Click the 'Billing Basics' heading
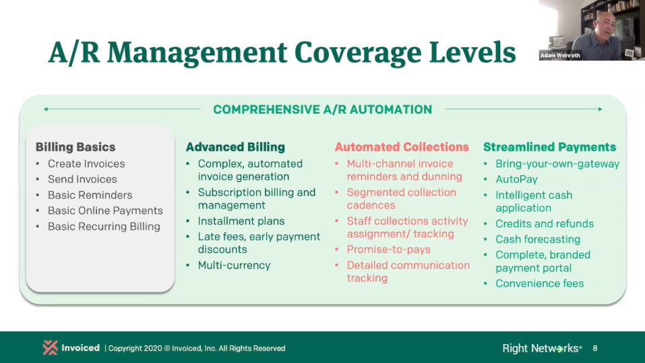[x=75, y=147]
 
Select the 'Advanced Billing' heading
[x=235, y=147]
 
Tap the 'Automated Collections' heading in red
[x=402, y=147]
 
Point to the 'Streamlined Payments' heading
[x=549, y=147]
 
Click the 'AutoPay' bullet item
[x=516, y=179]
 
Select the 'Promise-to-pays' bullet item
[x=388, y=250]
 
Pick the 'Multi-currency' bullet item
[x=234, y=265]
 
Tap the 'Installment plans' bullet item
[x=241, y=221]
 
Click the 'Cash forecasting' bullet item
[x=538, y=239]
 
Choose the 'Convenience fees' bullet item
[x=539, y=284]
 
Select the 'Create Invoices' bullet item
[x=86, y=164]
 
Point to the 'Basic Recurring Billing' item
[x=104, y=226]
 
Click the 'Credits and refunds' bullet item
[x=544, y=224]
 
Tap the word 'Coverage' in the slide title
[x=358, y=53]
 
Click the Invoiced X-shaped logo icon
[x=50, y=348]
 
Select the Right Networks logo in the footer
[x=542, y=348]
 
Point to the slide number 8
[x=595, y=348]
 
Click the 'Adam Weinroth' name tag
[x=560, y=55]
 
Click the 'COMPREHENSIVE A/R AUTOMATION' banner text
[x=322, y=109]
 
